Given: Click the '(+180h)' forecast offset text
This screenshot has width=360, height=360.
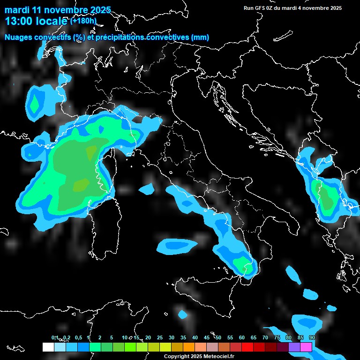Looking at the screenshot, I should tap(83, 21).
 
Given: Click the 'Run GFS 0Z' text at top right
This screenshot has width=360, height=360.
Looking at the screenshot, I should tap(260, 8).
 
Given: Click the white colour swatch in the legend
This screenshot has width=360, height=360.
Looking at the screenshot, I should tap(48, 347).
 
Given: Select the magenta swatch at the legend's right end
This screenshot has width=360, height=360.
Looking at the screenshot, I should tap(306, 347).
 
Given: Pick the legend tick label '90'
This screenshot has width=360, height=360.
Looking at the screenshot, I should tap(312, 337).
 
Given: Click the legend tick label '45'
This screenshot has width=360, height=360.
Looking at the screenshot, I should tap(207, 337).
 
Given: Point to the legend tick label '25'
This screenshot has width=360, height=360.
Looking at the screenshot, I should tap(160, 337).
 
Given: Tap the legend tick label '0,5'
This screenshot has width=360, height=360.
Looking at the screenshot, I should tap(78, 337).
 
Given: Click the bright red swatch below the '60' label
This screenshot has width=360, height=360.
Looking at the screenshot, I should tap(247, 347).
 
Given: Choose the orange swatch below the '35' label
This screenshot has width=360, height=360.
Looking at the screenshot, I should tap(189, 347).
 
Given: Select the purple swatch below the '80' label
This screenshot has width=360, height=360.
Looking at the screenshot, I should tap(294, 347).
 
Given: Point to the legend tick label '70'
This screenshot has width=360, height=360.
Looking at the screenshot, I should tap(265, 337).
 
